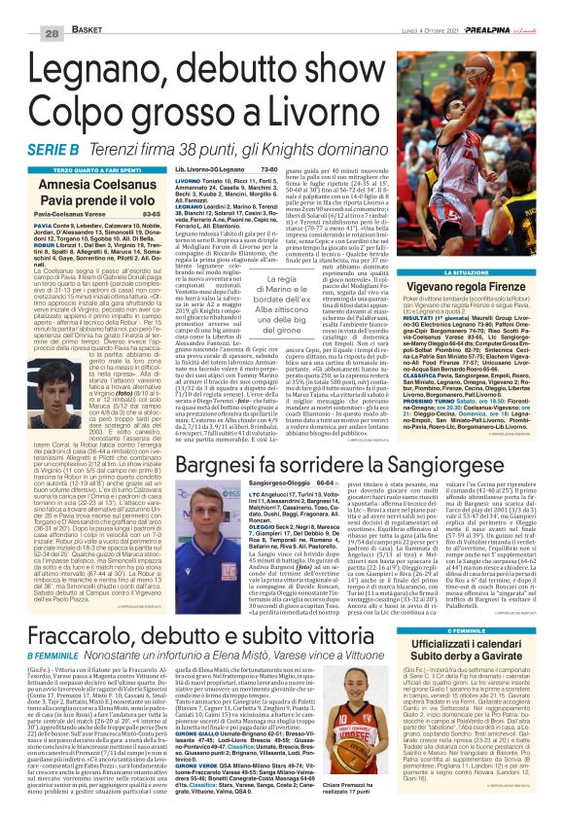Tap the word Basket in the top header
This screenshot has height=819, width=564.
point(60,8)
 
